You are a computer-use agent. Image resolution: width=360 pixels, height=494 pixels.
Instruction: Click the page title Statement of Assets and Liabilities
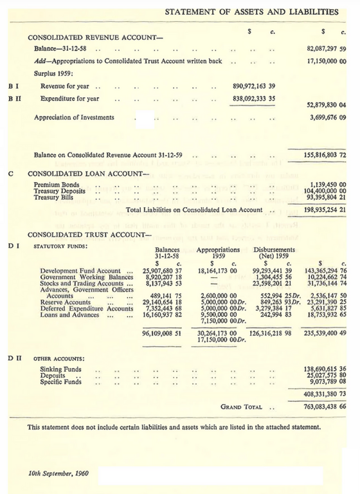click(252, 12)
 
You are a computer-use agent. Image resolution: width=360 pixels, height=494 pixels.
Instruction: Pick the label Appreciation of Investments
click(74, 118)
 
